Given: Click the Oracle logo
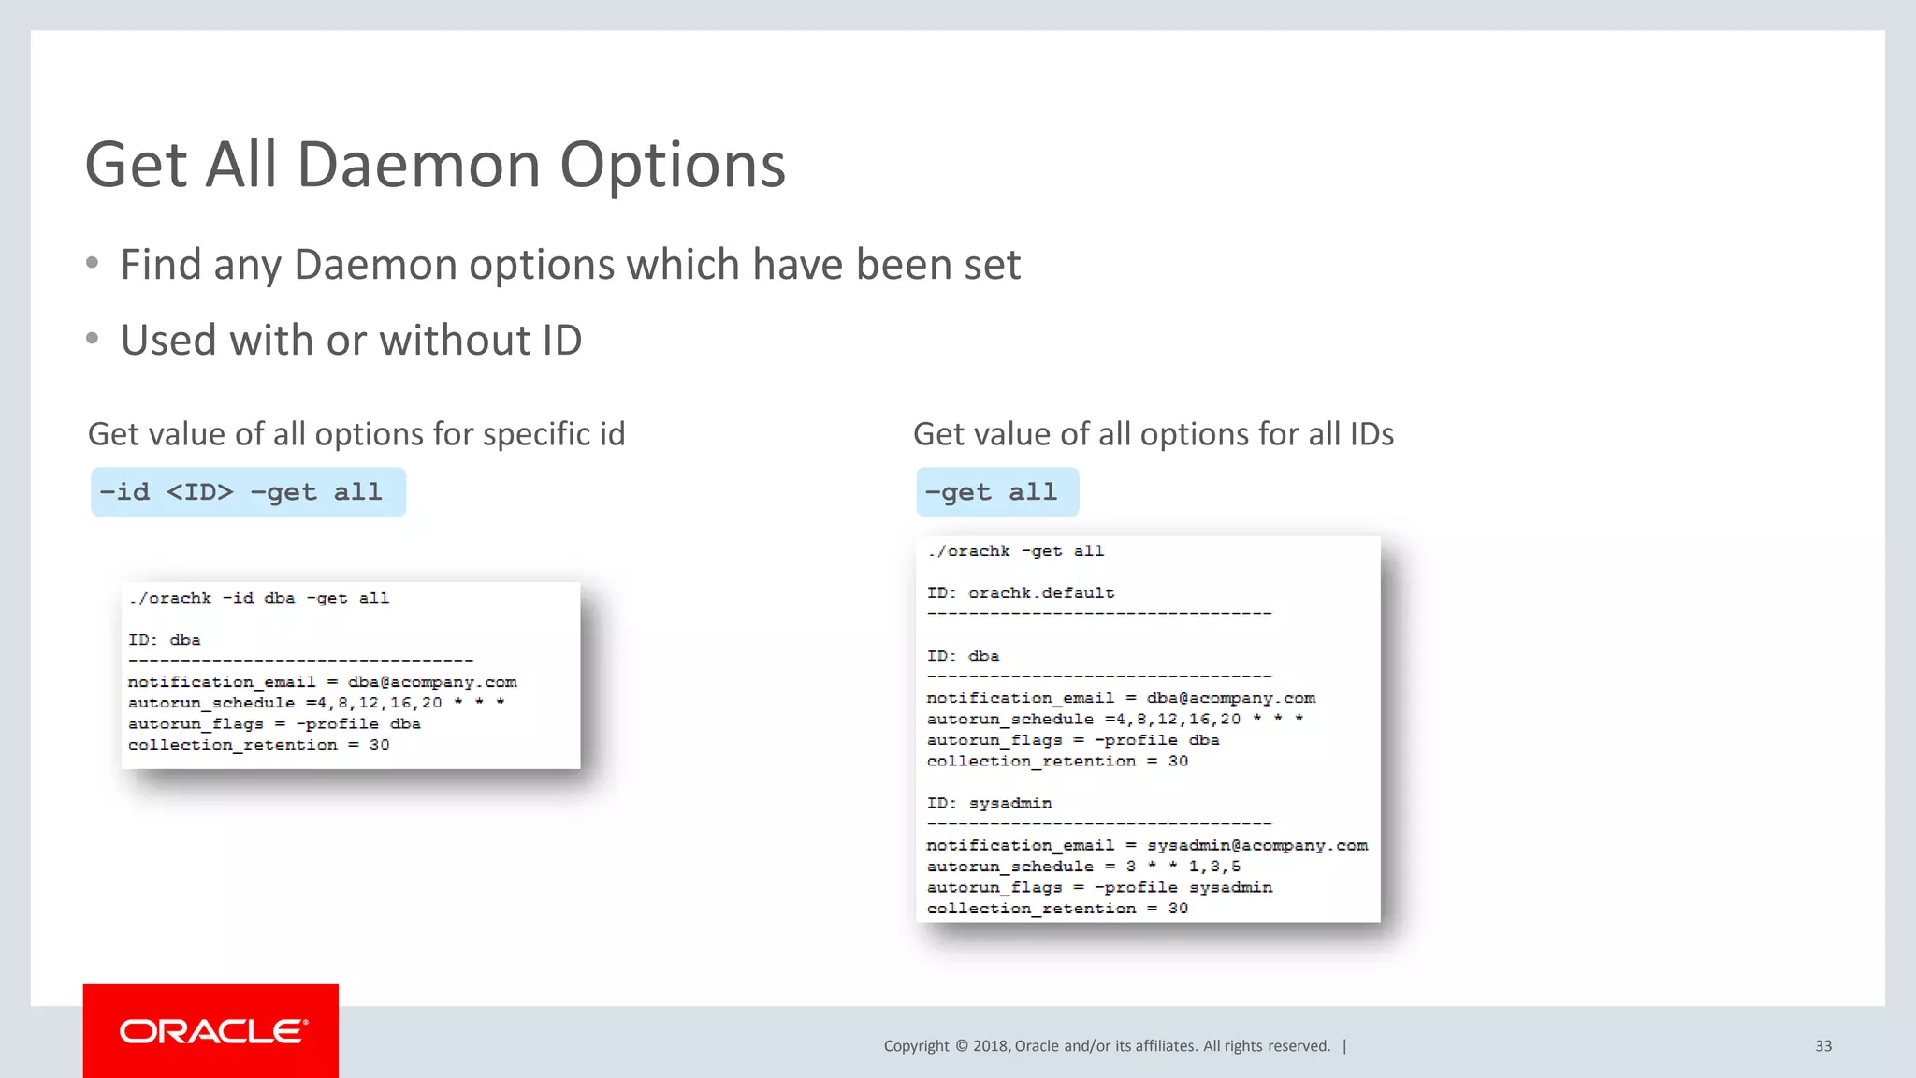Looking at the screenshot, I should (211, 1031).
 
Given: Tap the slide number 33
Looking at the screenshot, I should (1823, 1046).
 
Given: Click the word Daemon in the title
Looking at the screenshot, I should (419, 165).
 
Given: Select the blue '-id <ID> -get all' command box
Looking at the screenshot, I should (248, 492).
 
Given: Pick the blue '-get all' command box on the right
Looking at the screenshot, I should (997, 492).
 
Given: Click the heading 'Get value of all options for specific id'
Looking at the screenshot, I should (356, 434).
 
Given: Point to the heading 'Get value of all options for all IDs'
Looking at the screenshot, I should (1154, 434).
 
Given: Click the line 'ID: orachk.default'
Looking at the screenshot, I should (1021, 593).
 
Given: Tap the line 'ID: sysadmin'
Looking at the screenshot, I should (989, 803).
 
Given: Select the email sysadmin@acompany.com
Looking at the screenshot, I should (1257, 845).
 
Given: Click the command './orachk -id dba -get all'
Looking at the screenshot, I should (259, 598).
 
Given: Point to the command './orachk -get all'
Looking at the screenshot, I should (1016, 551).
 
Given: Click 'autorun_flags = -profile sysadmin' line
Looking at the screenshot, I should (1099, 887).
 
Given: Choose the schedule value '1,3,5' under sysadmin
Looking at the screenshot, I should (1214, 867).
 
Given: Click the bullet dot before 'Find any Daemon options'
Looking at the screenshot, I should (92, 264).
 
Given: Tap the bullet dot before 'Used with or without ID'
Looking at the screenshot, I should (92, 339).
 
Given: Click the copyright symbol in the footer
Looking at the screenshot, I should (961, 1046).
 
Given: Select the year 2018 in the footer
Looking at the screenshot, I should (990, 1046).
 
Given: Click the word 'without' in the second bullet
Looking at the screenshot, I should (444, 340).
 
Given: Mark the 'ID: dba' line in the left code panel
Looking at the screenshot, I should (165, 640).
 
